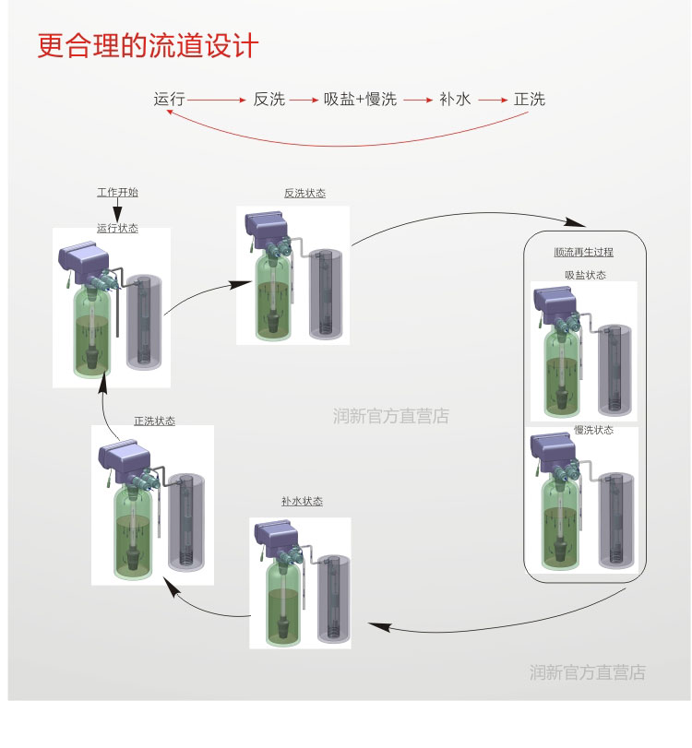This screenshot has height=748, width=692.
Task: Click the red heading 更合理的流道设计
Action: point(148,46)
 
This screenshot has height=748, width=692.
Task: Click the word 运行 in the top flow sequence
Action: point(170,100)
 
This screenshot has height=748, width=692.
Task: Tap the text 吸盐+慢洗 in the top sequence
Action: point(360,100)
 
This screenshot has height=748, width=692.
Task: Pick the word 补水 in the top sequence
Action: point(455,100)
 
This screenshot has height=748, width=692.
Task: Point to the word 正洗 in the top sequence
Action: point(530,100)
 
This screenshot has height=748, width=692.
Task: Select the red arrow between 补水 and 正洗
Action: point(493,100)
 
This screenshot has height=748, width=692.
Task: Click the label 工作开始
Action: point(117,193)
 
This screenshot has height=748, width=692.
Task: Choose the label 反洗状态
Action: point(304,193)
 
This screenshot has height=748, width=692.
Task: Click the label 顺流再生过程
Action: point(584,252)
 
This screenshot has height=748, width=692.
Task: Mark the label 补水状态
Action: point(302,501)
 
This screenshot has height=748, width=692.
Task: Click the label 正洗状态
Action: point(154,421)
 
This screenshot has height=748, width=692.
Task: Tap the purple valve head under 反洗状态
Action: point(267,224)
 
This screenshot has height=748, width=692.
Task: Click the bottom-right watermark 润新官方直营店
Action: point(587,672)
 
